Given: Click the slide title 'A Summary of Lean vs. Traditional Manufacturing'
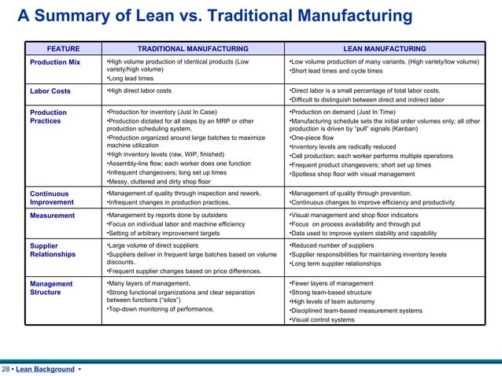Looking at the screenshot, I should (x=214, y=17).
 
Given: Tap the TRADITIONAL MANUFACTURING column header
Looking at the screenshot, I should (x=192, y=49).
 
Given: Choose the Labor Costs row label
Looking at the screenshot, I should (x=50, y=91).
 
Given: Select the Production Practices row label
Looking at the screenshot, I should (x=49, y=117).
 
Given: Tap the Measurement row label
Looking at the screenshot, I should (x=52, y=216).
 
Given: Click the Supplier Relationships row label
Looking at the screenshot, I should (x=53, y=250).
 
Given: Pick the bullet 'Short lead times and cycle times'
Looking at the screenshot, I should (x=336, y=71).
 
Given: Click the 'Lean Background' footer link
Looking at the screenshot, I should (x=45, y=369).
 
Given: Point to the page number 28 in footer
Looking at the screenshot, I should (x=6, y=369).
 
